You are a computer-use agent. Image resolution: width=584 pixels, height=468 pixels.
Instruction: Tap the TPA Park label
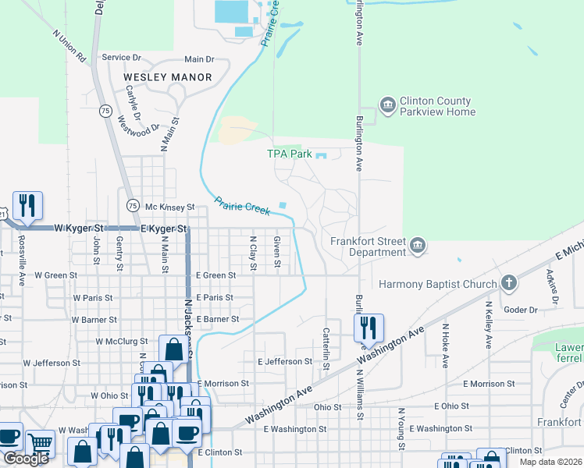[290, 154]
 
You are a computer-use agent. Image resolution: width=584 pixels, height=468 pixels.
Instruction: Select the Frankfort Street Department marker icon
[418, 246]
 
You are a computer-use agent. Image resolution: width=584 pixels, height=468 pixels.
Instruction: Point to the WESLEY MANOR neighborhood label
[168, 77]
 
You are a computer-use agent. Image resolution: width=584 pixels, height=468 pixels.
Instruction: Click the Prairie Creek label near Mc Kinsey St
[242, 206]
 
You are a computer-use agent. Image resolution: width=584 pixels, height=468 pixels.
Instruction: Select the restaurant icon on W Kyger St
[27, 206]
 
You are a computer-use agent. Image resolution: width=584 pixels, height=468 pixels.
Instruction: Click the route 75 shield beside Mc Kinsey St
[132, 205]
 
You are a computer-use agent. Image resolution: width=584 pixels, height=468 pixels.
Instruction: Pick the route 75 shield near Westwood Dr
[105, 112]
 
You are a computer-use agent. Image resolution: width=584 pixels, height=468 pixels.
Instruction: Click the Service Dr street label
[121, 58]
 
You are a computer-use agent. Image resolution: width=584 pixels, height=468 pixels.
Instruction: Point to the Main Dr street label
[199, 59]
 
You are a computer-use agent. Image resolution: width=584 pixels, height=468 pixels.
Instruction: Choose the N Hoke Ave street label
[446, 346]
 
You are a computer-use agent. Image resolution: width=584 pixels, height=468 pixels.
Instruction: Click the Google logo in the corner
[25, 459]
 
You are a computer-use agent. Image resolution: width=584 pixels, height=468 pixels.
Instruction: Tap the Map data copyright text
[550, 462]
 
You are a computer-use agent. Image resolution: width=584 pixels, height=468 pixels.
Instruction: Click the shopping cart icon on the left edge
[41, 445]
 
